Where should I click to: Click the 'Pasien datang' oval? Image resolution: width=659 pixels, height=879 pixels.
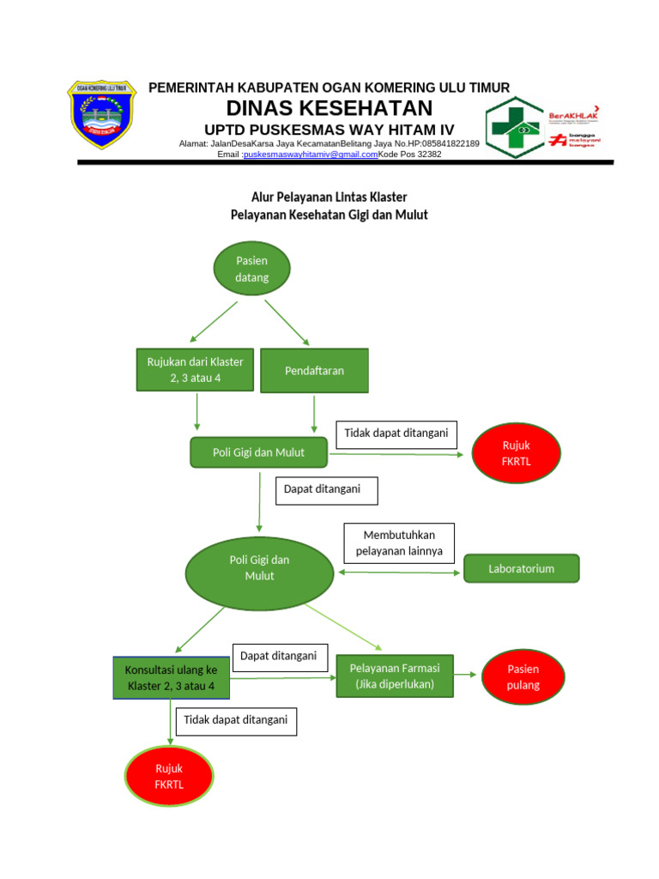(251, 268)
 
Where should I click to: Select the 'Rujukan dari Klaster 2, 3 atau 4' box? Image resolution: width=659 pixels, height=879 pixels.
(195, 369)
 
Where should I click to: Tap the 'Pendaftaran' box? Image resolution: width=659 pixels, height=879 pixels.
(314, 370)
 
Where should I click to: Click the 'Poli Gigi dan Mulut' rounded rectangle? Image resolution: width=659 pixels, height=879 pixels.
(258, 452)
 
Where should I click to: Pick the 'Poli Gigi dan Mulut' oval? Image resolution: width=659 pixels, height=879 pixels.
(259, 567)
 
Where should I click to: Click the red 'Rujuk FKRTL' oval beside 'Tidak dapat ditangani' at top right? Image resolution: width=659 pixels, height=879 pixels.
(517, 453)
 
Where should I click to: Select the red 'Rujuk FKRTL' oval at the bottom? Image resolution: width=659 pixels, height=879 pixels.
(169, 777)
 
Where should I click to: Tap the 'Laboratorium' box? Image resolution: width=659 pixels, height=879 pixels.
(521, 568)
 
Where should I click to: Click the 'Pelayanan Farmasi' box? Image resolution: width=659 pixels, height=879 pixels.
(396, 676)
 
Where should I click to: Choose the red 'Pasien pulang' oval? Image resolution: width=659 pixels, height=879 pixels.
(523, 676)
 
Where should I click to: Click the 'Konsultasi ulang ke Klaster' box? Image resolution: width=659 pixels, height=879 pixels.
(171, 677)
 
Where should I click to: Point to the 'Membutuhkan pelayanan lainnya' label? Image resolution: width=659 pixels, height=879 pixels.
(399, 543)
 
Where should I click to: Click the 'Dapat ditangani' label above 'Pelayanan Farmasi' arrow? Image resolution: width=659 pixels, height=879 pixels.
(278, 656)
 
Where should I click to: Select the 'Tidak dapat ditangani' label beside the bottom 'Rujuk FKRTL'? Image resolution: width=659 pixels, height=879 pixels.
(236, 721)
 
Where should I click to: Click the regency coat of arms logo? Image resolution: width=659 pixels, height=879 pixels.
(101, 114)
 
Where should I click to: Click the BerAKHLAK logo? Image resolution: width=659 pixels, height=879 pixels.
(574, 113)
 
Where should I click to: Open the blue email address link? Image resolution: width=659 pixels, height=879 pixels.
(311, 155)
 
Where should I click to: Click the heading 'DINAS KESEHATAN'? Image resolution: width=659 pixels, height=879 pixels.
(329, 108)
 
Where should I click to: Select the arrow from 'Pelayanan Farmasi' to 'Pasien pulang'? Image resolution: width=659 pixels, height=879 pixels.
(467, 675)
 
